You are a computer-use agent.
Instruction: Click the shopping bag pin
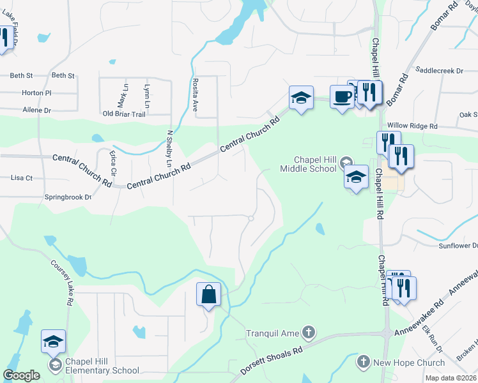(208, 295)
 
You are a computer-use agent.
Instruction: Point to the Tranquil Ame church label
(274, 333)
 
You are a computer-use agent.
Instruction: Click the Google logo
(22, 375)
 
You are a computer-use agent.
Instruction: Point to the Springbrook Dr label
(68, 197)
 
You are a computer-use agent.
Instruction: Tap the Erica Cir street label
(113, 163)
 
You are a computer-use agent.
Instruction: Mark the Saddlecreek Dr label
(438, 70)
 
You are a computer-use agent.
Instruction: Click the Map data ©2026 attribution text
(451, 378)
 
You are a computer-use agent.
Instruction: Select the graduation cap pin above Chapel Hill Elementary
(54, 342)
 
